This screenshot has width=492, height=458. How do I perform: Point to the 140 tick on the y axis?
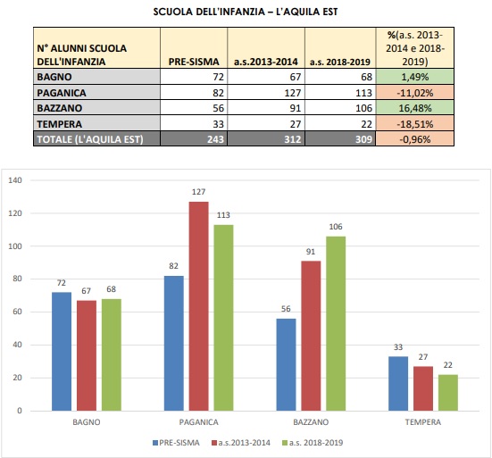click(x=14, y=180)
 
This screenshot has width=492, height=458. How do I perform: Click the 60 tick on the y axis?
click(x=17, y=312)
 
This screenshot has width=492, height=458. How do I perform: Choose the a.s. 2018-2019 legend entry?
click(x=316, y=442)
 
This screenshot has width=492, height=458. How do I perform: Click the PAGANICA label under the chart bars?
click(x=198, y=421)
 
